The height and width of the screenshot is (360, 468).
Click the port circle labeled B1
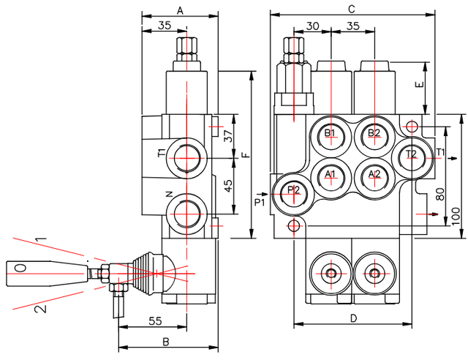(x=331, y=133)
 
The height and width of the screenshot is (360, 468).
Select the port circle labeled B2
(x=374, y=133)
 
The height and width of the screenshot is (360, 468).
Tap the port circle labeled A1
(x=331, y=174)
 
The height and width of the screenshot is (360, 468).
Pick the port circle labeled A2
(x=374, y=174)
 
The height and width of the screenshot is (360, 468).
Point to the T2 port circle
(x=412, y=154)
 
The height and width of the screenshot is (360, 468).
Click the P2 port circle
(x=294, y=191)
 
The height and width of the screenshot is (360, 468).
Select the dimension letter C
(x=351, y=9)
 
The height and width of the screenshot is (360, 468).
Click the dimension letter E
(x=419, y=84)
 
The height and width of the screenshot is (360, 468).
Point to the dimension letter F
(x=246, y=154)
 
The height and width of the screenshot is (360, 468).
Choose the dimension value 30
(x=312, y=26)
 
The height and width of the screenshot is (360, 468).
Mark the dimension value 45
(x=227, y=186)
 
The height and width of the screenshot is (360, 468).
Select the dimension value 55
(x=154, y=320)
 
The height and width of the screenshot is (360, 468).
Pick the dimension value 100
(x=456, y=216)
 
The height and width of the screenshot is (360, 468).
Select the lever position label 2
(x=42, y=308)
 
